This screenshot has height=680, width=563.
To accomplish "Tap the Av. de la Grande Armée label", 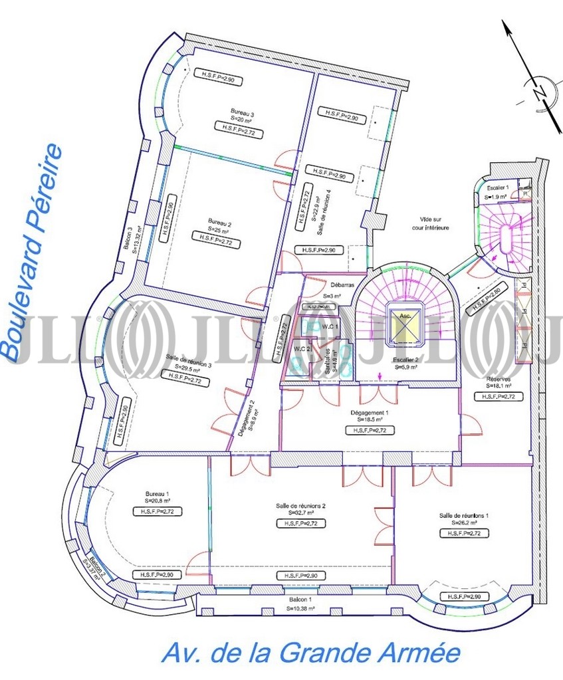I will (x=310, y=653).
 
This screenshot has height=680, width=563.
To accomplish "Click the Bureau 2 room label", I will (x=219, y=222).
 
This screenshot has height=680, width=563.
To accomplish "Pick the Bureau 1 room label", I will (x=158, y=494).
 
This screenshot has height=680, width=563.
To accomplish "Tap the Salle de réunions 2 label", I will (x=300, y=506).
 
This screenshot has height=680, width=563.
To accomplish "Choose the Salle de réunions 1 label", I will (x=464, y=516).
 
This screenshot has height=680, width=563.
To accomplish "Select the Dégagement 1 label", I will (x=370, y=411).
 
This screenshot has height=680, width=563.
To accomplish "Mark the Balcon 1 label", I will (x=300, y=599).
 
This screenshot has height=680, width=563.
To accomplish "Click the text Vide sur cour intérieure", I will (x=435, y=223).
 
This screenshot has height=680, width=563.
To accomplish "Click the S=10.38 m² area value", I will (x=300, y=608).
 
